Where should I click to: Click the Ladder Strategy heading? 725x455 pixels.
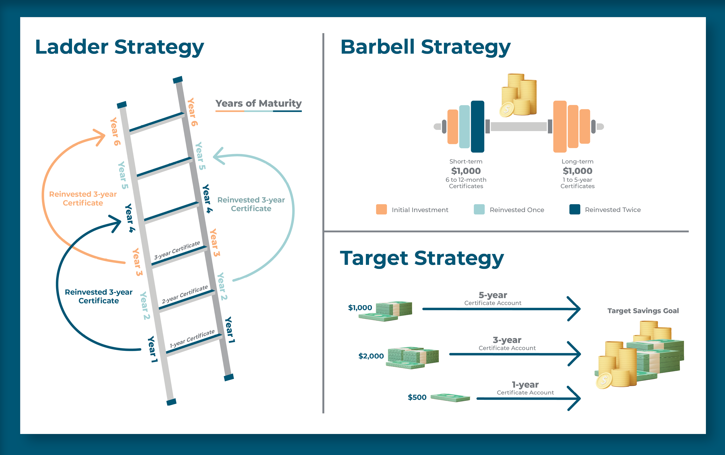(x=119, y=47)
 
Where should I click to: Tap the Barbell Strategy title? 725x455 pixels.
(x=425, y=47)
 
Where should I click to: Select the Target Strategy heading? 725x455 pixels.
(x=422, y=259)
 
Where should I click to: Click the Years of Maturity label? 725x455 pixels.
(x=258, y=103)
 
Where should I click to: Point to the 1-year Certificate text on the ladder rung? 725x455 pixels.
(x=192, y=339)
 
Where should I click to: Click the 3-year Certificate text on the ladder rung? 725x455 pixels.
(x=177, y=250)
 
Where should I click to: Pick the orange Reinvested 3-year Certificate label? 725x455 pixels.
(x=83, y=198)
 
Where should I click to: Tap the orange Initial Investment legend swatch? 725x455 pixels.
(x=381, y=209)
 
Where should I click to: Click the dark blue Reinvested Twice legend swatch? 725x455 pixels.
(x=574, y=209)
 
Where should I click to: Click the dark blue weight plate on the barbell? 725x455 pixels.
(x=477, y=126)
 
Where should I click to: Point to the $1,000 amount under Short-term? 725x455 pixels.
(x=466, y=171)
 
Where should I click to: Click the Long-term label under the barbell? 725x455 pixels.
(x=577, y=162)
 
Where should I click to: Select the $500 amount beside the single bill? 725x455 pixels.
(x=417, y=397)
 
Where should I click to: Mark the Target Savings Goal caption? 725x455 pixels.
(x=643, y=311)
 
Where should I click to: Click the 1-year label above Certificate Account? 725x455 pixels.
(x=525, y=385)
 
